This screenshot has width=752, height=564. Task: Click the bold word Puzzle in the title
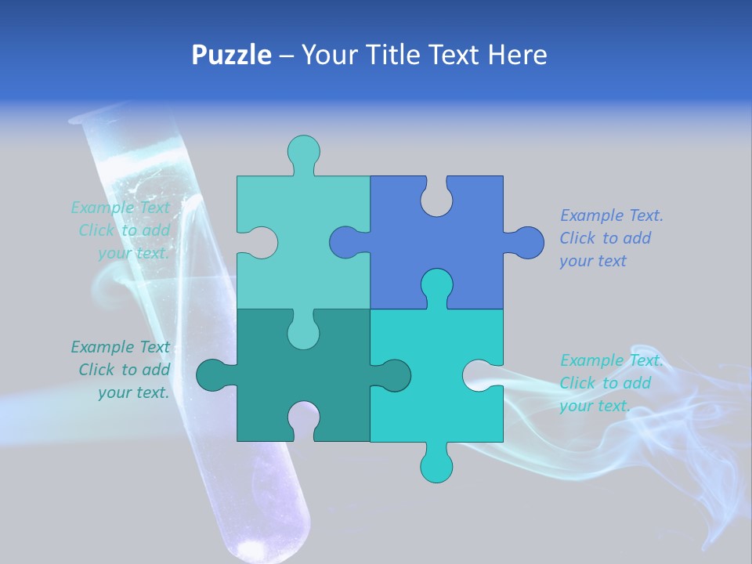(231, 55)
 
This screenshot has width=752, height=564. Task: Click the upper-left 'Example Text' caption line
(120, 208)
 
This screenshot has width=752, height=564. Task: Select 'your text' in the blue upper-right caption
(593, 261)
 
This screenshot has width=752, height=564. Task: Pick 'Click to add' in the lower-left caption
(124, 370)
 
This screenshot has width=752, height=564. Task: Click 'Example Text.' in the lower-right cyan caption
(611, 360)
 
